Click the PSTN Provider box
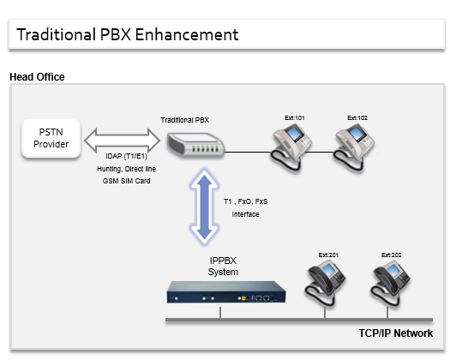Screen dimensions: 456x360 tap(51, 138)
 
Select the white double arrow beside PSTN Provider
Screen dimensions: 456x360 tap(122, 141)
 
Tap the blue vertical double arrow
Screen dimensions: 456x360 tap(205, 207)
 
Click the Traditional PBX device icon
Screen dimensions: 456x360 tap(195, 145)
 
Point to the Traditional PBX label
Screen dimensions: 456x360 tap(185, 120)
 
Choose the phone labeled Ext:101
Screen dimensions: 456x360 tap(291, 147)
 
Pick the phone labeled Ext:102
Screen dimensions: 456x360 tap(354, 147)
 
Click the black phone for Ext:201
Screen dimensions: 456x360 tap(325, 283)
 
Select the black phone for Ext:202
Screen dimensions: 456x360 tap(390, 283)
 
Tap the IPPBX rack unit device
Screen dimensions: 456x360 tap(226, 292)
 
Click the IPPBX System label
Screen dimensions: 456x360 tap(223, 266)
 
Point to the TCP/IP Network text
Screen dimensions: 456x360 tap(395, 333)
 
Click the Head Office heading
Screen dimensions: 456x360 tap(37, 77)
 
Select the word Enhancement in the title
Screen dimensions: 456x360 tap(187, 34)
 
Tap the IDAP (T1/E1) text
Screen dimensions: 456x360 tap(126, 156)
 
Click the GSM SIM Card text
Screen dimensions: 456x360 tap(126, 181)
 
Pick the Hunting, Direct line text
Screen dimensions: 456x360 tap(126, 169)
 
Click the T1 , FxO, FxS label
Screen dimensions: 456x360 tap(246, 201)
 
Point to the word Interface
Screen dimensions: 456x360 tap(245, 214)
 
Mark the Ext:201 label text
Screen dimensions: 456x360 tap(328, 255)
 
